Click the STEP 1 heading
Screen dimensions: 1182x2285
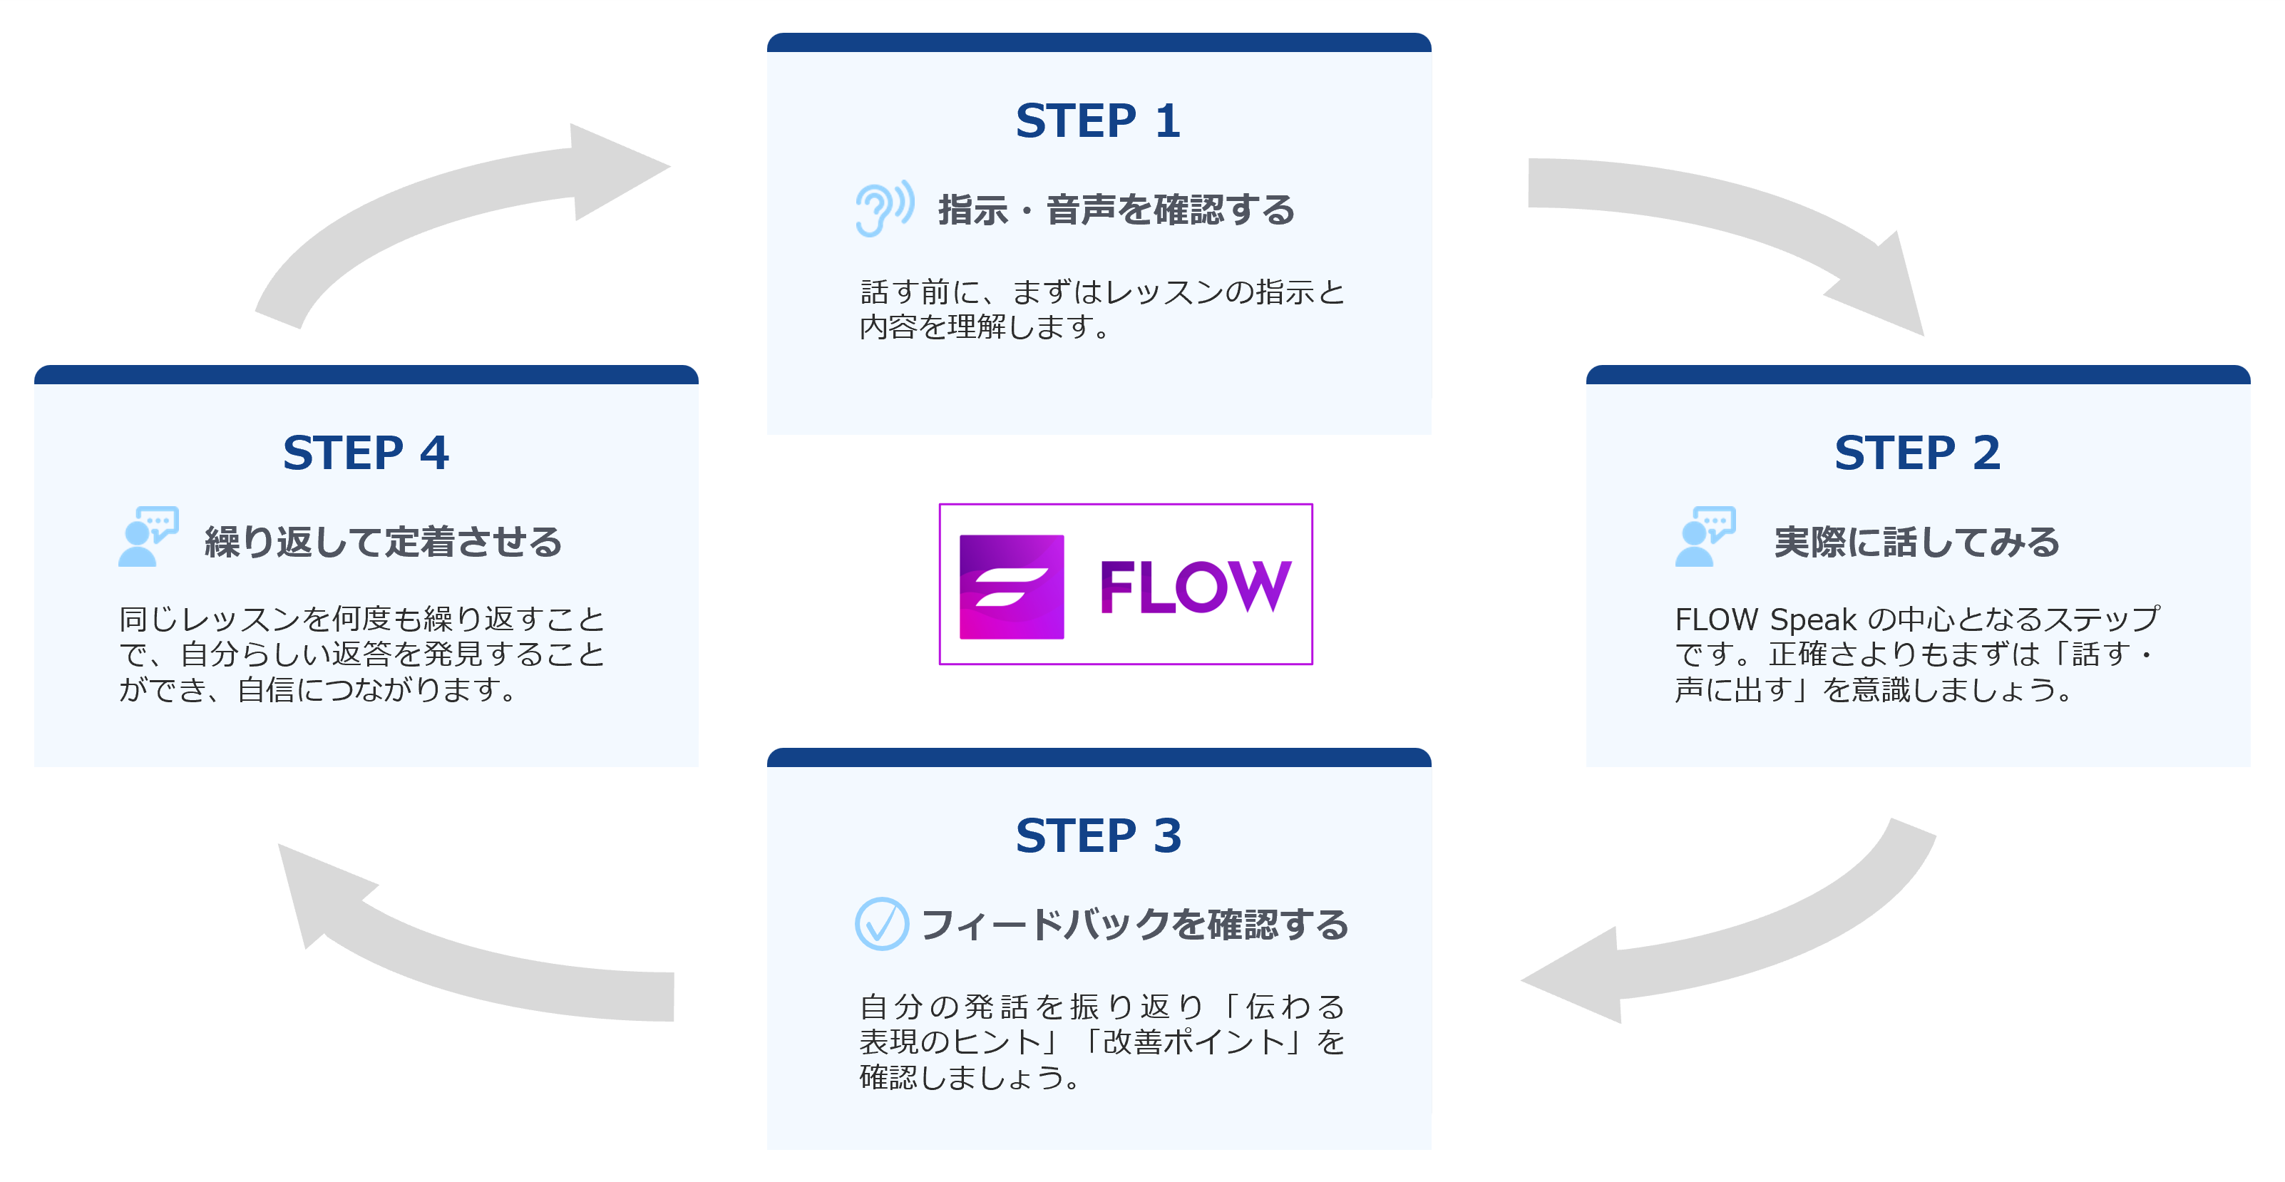(1098, 120)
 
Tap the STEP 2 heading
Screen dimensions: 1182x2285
(1917, 453)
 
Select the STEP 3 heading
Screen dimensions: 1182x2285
(1098, 836)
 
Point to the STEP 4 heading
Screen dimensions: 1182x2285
(366, 453)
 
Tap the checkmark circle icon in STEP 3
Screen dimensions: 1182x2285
(880, 924)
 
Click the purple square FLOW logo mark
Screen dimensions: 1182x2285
(1011, 586)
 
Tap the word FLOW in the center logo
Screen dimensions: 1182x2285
(1194, 586)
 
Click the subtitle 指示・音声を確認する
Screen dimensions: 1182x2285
(1116, 211)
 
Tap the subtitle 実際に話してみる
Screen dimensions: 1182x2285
(1916, 542)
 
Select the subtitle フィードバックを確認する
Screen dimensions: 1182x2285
(1134, 925)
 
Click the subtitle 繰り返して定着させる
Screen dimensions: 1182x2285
(383, 542)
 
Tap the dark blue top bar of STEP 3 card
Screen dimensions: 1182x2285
(1098, 757)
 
